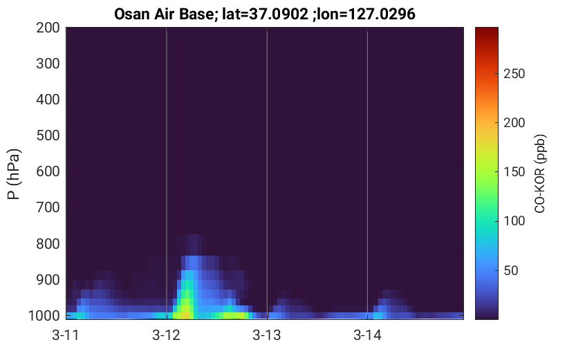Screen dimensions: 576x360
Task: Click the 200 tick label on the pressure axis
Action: (48, 28)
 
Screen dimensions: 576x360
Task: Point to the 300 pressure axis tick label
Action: (48, 64)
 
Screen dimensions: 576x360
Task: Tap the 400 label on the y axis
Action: (48, 100)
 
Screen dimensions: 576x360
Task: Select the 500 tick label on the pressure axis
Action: (48, 135)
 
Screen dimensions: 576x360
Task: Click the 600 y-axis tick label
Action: (48, 171)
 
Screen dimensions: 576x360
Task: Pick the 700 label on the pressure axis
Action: (48, 207)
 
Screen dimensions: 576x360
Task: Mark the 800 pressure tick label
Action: (48, 244)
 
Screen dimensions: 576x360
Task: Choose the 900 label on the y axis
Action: (48, 280)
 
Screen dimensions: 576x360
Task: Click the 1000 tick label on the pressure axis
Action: (44, 316)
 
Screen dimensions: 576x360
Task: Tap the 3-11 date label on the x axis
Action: (66, 335)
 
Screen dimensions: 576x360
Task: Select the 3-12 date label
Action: (167, 335)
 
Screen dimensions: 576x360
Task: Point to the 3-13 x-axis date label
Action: (267, 335)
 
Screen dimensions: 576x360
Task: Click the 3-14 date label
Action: (367, 335)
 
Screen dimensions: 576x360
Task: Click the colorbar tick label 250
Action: (514, 74)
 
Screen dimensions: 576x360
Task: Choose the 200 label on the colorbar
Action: (514, 122)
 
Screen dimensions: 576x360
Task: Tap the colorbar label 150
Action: (514, 172)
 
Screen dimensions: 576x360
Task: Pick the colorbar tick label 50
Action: (511, 270)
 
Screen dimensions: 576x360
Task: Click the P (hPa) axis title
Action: (14, 174)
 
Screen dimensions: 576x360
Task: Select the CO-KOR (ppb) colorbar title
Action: (540, 173)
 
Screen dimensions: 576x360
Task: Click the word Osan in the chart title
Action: (132, 15)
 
